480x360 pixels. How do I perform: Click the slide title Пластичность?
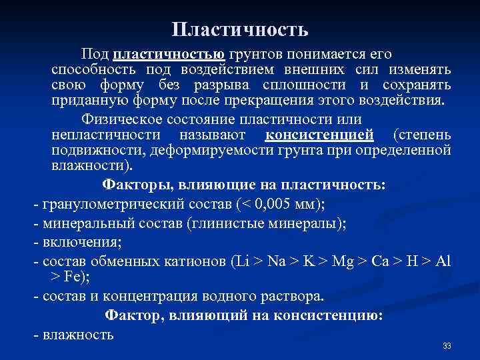239,30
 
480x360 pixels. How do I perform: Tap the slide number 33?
447,346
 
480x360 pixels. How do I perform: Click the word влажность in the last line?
77,334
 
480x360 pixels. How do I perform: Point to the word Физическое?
135,121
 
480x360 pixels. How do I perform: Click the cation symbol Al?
443,261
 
